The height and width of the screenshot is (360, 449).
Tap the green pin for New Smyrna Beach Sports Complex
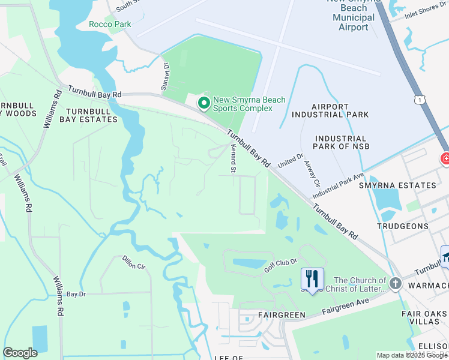(x=204, y=104)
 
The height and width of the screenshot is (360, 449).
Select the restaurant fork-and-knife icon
(x=312, y=278)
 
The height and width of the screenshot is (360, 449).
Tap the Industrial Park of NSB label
(x=341, y=142)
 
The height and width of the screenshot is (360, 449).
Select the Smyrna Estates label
(x=406, y=185)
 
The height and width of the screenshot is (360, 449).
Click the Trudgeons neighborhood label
(x=403, y=227)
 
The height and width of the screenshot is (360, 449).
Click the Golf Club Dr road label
(x=280, y=266)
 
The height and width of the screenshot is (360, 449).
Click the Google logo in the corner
(x=20, y=353)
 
